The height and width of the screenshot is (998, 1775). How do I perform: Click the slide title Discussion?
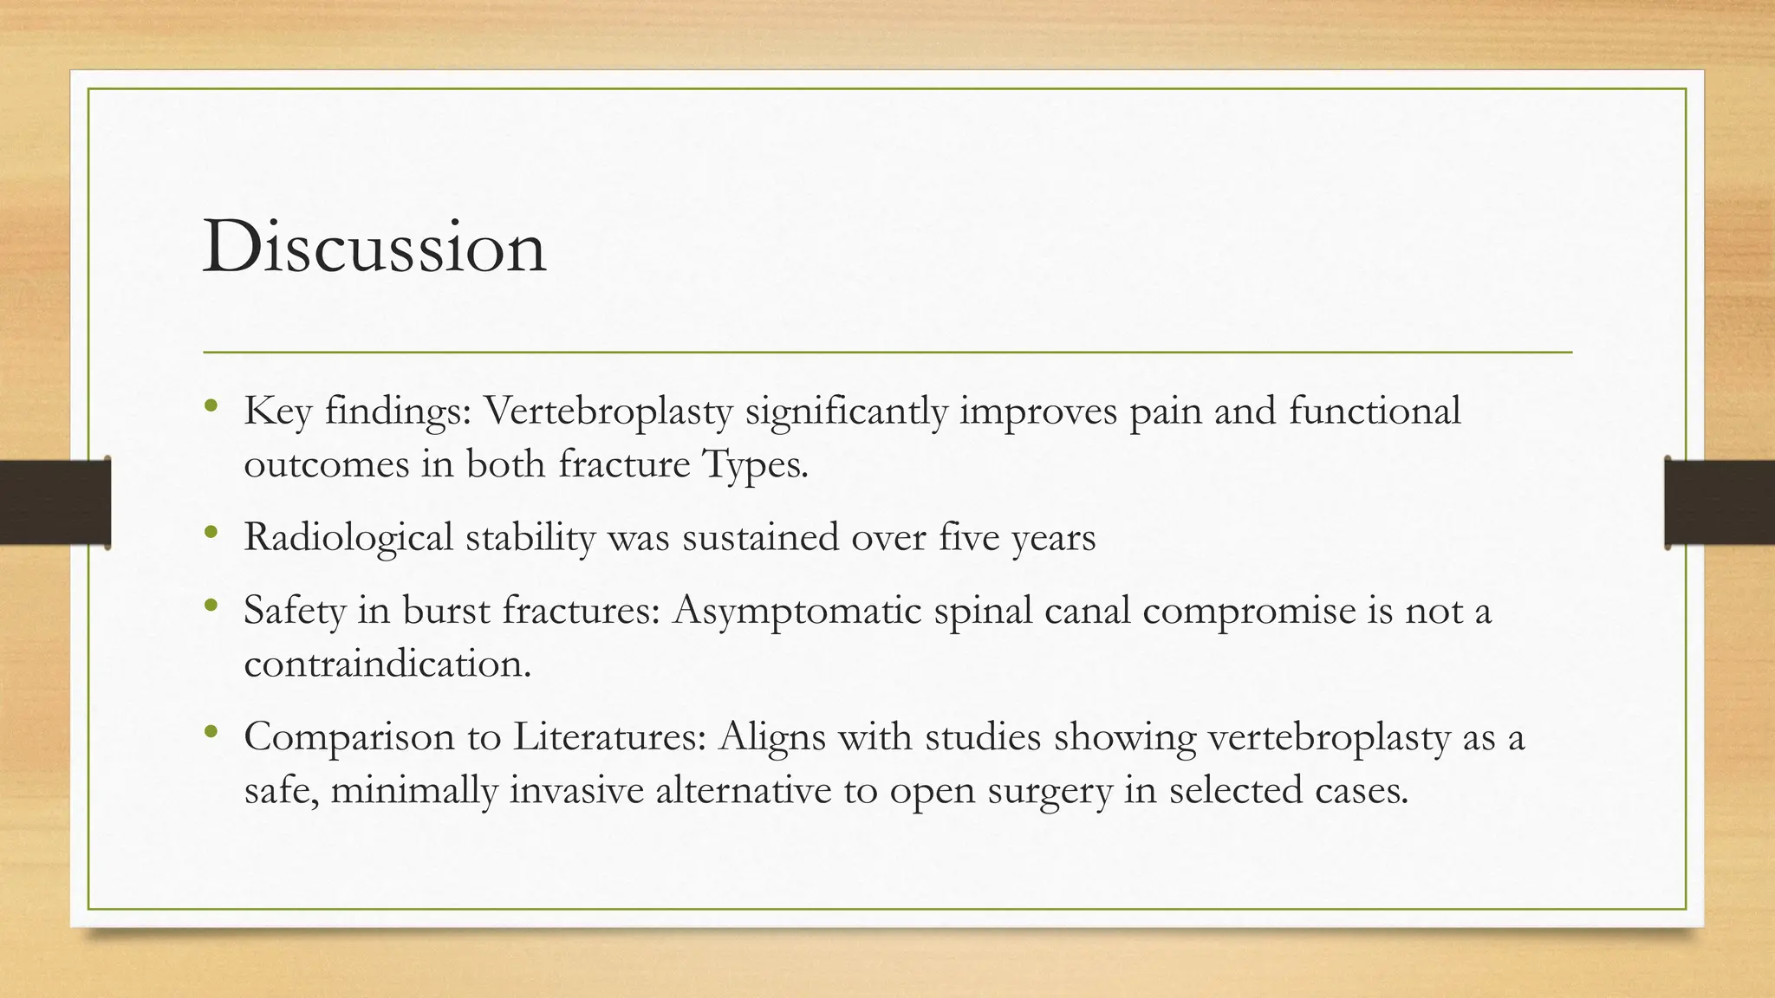coord(374,248)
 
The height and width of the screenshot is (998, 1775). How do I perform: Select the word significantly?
coord(846,411)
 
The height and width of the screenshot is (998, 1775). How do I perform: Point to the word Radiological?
coord(348,537)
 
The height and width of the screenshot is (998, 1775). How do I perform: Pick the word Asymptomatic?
coord(796,611)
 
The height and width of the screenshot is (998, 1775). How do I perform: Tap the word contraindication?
coord(387,664)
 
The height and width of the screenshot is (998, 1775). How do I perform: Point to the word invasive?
coord(576,791)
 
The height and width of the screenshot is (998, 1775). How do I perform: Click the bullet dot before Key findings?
coord(210,405)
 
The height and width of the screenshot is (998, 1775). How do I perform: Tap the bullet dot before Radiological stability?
coord(210,532)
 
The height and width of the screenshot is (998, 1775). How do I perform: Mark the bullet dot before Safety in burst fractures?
coord(210,606)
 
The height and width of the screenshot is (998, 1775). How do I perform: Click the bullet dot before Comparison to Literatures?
coord(210,732)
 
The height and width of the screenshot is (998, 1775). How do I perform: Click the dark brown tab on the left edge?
coord(55,502)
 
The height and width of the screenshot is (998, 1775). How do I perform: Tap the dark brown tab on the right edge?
coord(1720,502)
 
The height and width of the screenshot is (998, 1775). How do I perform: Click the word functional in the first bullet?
coord(1375,411)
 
